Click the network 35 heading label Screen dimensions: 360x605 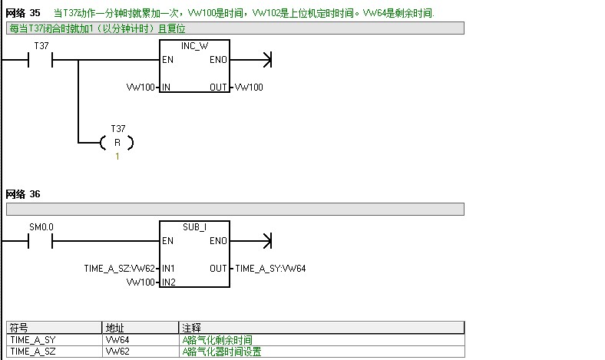coord(23,14)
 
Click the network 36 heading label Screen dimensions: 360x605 coord(23,194)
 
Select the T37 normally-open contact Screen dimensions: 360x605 coord(41,60)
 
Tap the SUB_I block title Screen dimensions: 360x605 coord(195,228)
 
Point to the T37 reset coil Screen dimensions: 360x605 coord(117,143)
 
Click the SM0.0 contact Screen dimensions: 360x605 coord(41,241)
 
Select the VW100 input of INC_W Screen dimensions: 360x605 coord(141,88)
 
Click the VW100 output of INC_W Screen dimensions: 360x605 coord(249,88)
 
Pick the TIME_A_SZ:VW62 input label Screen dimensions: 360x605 coord(120,269)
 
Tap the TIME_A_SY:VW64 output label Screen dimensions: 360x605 coord(271,269)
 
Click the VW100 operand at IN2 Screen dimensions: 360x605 coord(141,282)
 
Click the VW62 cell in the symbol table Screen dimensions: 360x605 coord(117,352)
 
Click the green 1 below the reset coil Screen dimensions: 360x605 coord(117,157)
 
